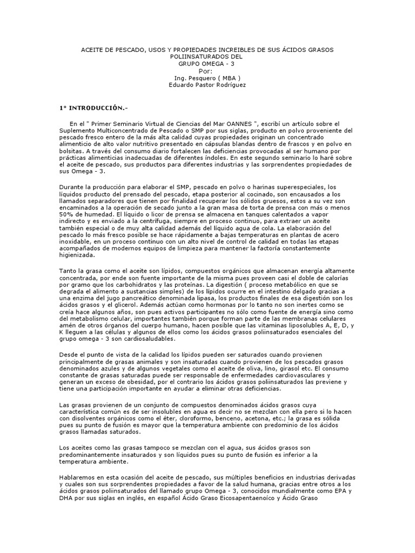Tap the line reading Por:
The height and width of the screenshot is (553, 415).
pos(206,71)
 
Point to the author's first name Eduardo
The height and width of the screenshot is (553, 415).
pos(183,85)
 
